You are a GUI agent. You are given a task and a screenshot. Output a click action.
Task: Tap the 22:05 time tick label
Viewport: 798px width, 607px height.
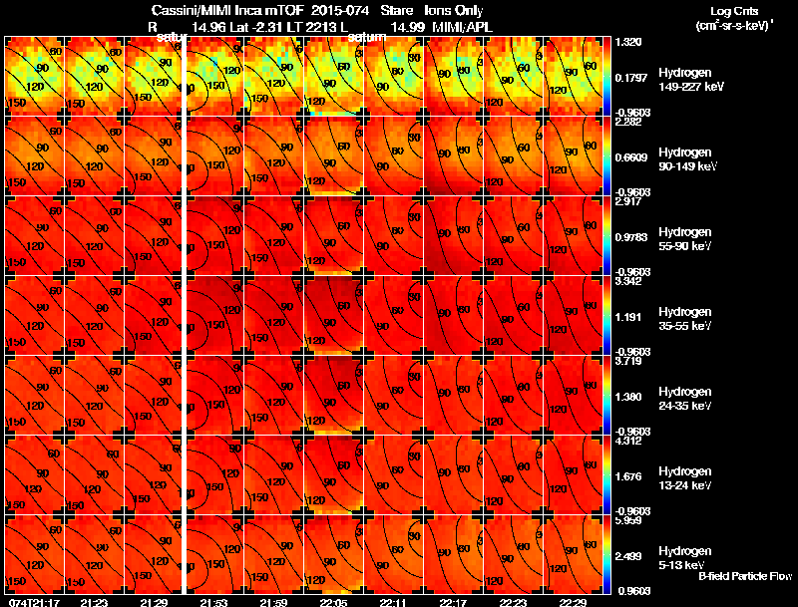(334, 602)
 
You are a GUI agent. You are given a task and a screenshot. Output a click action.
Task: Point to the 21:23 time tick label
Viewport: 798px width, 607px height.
(94, 602)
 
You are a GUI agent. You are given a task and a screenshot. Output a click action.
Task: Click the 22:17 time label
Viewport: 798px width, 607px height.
(453, 602)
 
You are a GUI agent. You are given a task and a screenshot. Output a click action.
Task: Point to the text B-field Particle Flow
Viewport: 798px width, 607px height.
(745, 576)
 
